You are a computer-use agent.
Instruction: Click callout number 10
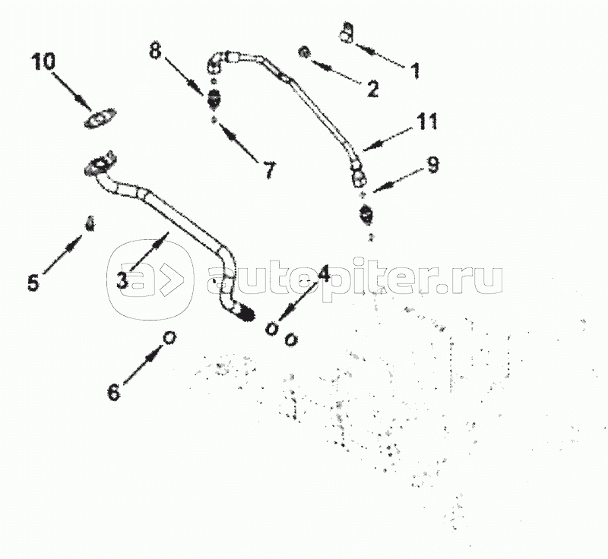[x=43, y=62]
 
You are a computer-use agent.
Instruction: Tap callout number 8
[x=155, y=50]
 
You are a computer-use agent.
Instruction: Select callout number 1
[x=415, y=70]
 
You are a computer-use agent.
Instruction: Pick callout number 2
[x=372, y=89]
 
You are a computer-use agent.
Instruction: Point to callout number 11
[x=427, y=122]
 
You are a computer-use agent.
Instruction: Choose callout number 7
[x=270, y=169]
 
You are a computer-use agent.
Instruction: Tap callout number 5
[x=33, y=283]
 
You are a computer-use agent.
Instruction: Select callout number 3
[x=122, y=280]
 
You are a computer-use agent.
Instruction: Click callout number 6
[x=114, y=392]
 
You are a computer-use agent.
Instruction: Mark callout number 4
[x=324, y=273]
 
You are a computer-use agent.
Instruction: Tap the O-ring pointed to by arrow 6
[x=169, y=337]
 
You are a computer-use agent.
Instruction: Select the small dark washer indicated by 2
[x=304, y=52]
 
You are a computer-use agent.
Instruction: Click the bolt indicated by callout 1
[x=347, y=33]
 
